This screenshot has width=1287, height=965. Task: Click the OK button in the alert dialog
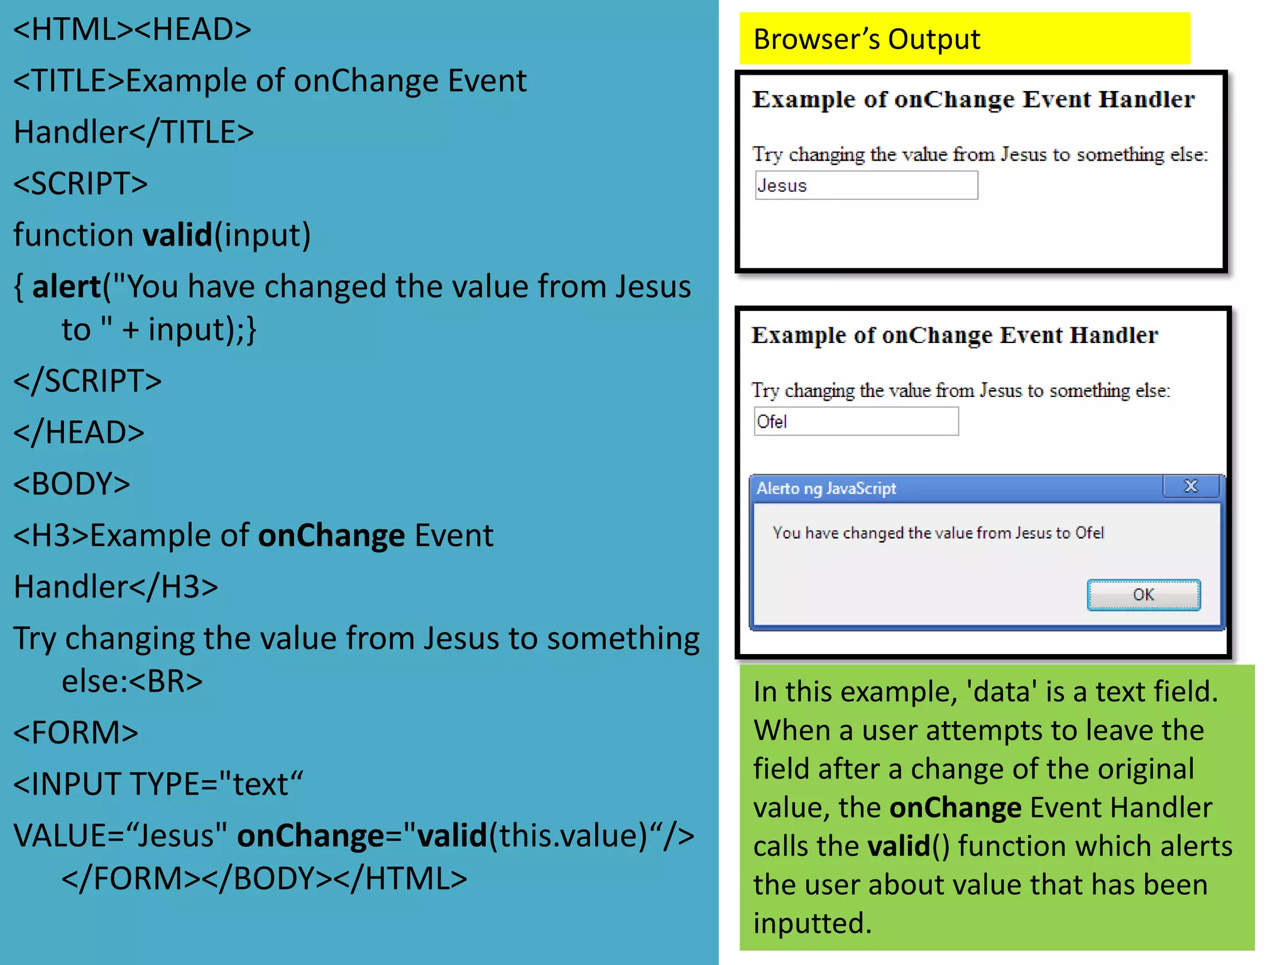pos(1143,594)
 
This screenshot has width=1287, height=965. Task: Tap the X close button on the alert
pos(1190,486)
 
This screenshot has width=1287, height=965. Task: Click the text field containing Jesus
pos(866,185)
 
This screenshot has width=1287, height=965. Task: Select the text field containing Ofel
pos(856,422)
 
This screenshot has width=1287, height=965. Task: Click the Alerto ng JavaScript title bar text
pos(826,488)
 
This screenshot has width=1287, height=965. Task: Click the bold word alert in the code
pos(66,286)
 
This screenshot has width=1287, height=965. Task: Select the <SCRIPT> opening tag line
pos(80,183)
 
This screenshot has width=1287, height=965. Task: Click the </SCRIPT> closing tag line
pos(87,381)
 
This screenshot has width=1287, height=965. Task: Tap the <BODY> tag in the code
pos(72,484)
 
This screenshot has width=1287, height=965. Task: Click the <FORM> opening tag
pos(75,733)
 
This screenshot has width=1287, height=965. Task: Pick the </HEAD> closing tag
pos(79,432)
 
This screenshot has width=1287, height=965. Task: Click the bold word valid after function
pos(178,235)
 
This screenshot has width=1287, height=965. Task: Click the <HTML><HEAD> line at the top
pos(132,29)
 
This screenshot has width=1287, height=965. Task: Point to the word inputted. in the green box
pos(812,924)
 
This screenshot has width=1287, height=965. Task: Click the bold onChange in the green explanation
pos(955,807)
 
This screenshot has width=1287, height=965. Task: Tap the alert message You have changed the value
pos(938,533)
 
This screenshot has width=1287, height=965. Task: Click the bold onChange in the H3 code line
pos(331,535)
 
